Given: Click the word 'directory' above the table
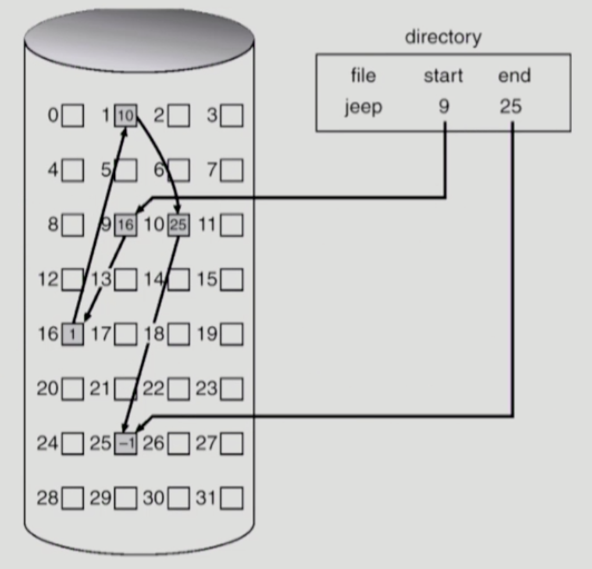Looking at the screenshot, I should tap(443, 37).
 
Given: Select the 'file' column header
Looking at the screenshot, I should tap(363, 75).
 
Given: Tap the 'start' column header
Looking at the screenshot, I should tap(443, 76).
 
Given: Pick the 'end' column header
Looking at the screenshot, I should tap(514, 75).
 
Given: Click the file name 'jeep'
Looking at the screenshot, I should tap(363, 107).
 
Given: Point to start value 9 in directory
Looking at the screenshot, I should tap(444, 107).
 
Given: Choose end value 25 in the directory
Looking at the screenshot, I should tap(510, 107).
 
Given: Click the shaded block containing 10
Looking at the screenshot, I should tap(125, 115).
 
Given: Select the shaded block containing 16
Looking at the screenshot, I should tap(125, 225).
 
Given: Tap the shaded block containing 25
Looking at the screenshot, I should tap(178, 225).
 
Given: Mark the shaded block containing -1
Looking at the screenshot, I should tap(125, 444).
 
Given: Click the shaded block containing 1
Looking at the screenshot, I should tap(72, 334).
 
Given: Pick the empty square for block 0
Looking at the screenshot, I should tap(72, 115).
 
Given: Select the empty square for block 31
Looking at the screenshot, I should tap(232, 498).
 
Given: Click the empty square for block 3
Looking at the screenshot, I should tap(232, 115).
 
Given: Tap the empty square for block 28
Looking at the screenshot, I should tap(72, 498).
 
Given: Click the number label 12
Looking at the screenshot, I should tap(48, 279).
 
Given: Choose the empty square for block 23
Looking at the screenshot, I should tap(232, 389).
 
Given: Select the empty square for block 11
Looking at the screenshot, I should tap(232, 225).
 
